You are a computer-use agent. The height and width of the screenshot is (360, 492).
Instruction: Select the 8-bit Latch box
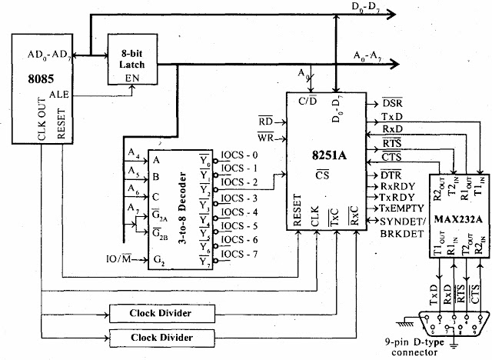(132, 60)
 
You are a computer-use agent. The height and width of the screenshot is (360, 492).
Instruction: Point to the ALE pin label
(60, 93)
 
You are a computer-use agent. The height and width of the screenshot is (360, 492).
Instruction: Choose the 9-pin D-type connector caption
(444, 348)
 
